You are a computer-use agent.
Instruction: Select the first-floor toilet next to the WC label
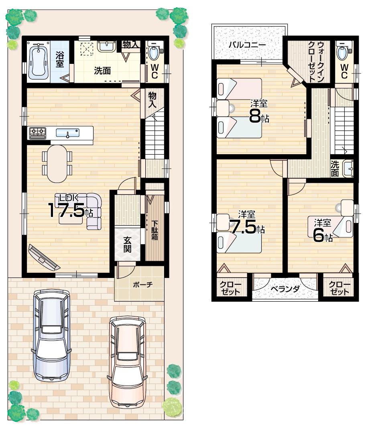tap(155, 52)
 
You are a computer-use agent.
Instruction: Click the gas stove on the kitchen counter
tap(37, 133)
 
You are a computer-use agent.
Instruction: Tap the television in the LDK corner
tap(44, 257)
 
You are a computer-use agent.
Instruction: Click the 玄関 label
tap(127, 244)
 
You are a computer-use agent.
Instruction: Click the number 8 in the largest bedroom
tap(254, 116)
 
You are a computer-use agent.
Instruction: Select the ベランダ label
tap(285, 289)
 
